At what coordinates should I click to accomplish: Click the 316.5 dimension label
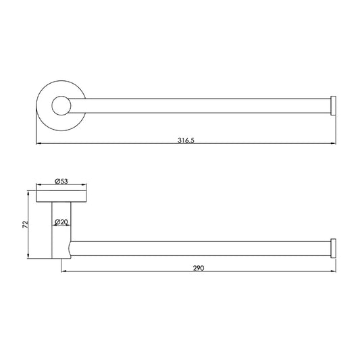pyautogui.click(x=186, y=140)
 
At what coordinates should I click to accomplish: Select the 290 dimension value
pyautogui.click(x=199, y=268)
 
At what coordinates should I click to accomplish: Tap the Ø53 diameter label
pyautogui.click(x=61, y=181)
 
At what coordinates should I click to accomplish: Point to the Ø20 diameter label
pyautogui.click(x=61, y=222)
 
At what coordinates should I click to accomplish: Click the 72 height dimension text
pyautogui.click(x=25, y=224)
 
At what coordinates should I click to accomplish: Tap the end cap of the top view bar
pyautogui.click(x=333, y=105)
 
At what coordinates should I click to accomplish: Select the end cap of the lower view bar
pyautogui.click(x=333, y=249)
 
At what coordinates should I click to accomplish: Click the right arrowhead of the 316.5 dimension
pyautogui.click(x=334, y=143)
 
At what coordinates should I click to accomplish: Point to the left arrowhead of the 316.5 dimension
pyautogui.click(x=39, y=143)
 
